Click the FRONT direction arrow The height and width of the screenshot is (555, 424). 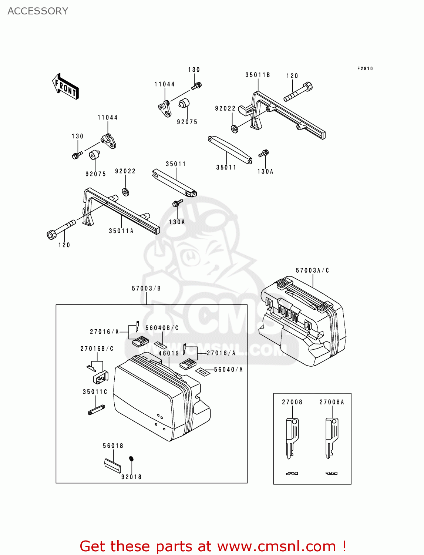pos(65,87)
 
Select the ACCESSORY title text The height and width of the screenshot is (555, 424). pos(38,11)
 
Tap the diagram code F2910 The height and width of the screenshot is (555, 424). pos(365,69)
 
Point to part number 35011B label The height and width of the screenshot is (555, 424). pos(258,75)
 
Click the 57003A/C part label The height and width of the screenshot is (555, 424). pos(312,270)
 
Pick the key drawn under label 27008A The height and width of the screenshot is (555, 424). pos(331,438)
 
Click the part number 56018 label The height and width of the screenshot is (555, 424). pos(113,446)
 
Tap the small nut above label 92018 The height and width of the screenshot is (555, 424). pos(131,459)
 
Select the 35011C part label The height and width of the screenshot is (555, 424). pos(95,392)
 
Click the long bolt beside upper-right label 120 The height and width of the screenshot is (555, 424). pos(298,92)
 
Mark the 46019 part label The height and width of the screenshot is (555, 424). pos(169,353)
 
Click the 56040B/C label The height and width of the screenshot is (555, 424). pos(162,328)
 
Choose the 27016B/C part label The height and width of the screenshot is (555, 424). pos(97,349)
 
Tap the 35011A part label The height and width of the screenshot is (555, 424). pos(121,231)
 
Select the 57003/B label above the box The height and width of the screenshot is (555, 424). pos(146,289)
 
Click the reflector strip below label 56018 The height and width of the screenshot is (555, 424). pos(112,466)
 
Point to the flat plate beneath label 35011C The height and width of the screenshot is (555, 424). pos(96,410)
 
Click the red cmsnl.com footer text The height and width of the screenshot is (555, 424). pos(213,546)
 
